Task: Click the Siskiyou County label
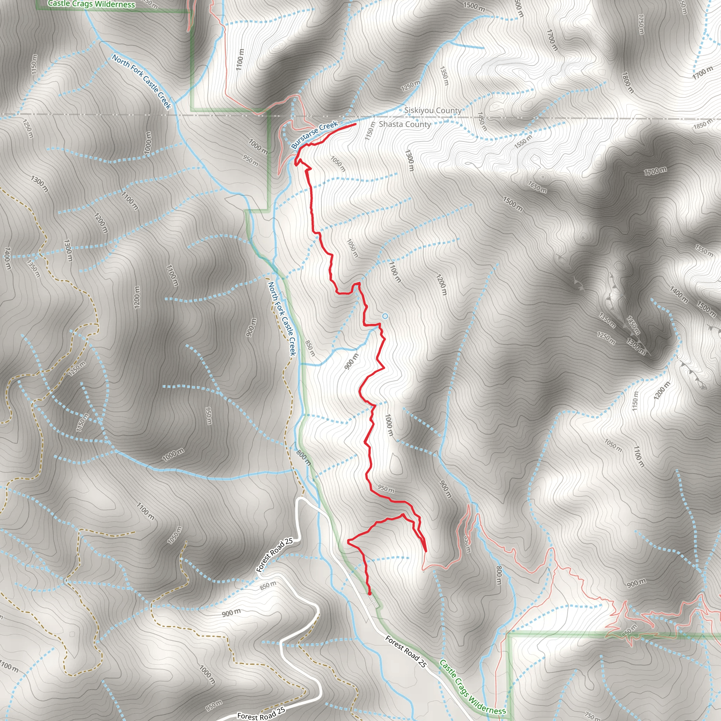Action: (x=433, y=111)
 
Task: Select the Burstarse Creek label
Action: (x=315, y=134)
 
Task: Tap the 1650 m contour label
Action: (x=537, y=187)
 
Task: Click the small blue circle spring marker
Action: (x=385, y=316)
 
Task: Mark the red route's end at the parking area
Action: (x=369, y=593)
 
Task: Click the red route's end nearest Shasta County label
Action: (x=355, y=124)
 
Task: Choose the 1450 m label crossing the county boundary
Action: (x=482, y=121)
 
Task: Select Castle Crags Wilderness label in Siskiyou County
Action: (x=92, y=4)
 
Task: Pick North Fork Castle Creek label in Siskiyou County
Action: (x=142, y=82)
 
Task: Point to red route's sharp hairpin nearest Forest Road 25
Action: (x=348, y=541)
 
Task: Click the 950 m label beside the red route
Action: (x=385, y=489)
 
